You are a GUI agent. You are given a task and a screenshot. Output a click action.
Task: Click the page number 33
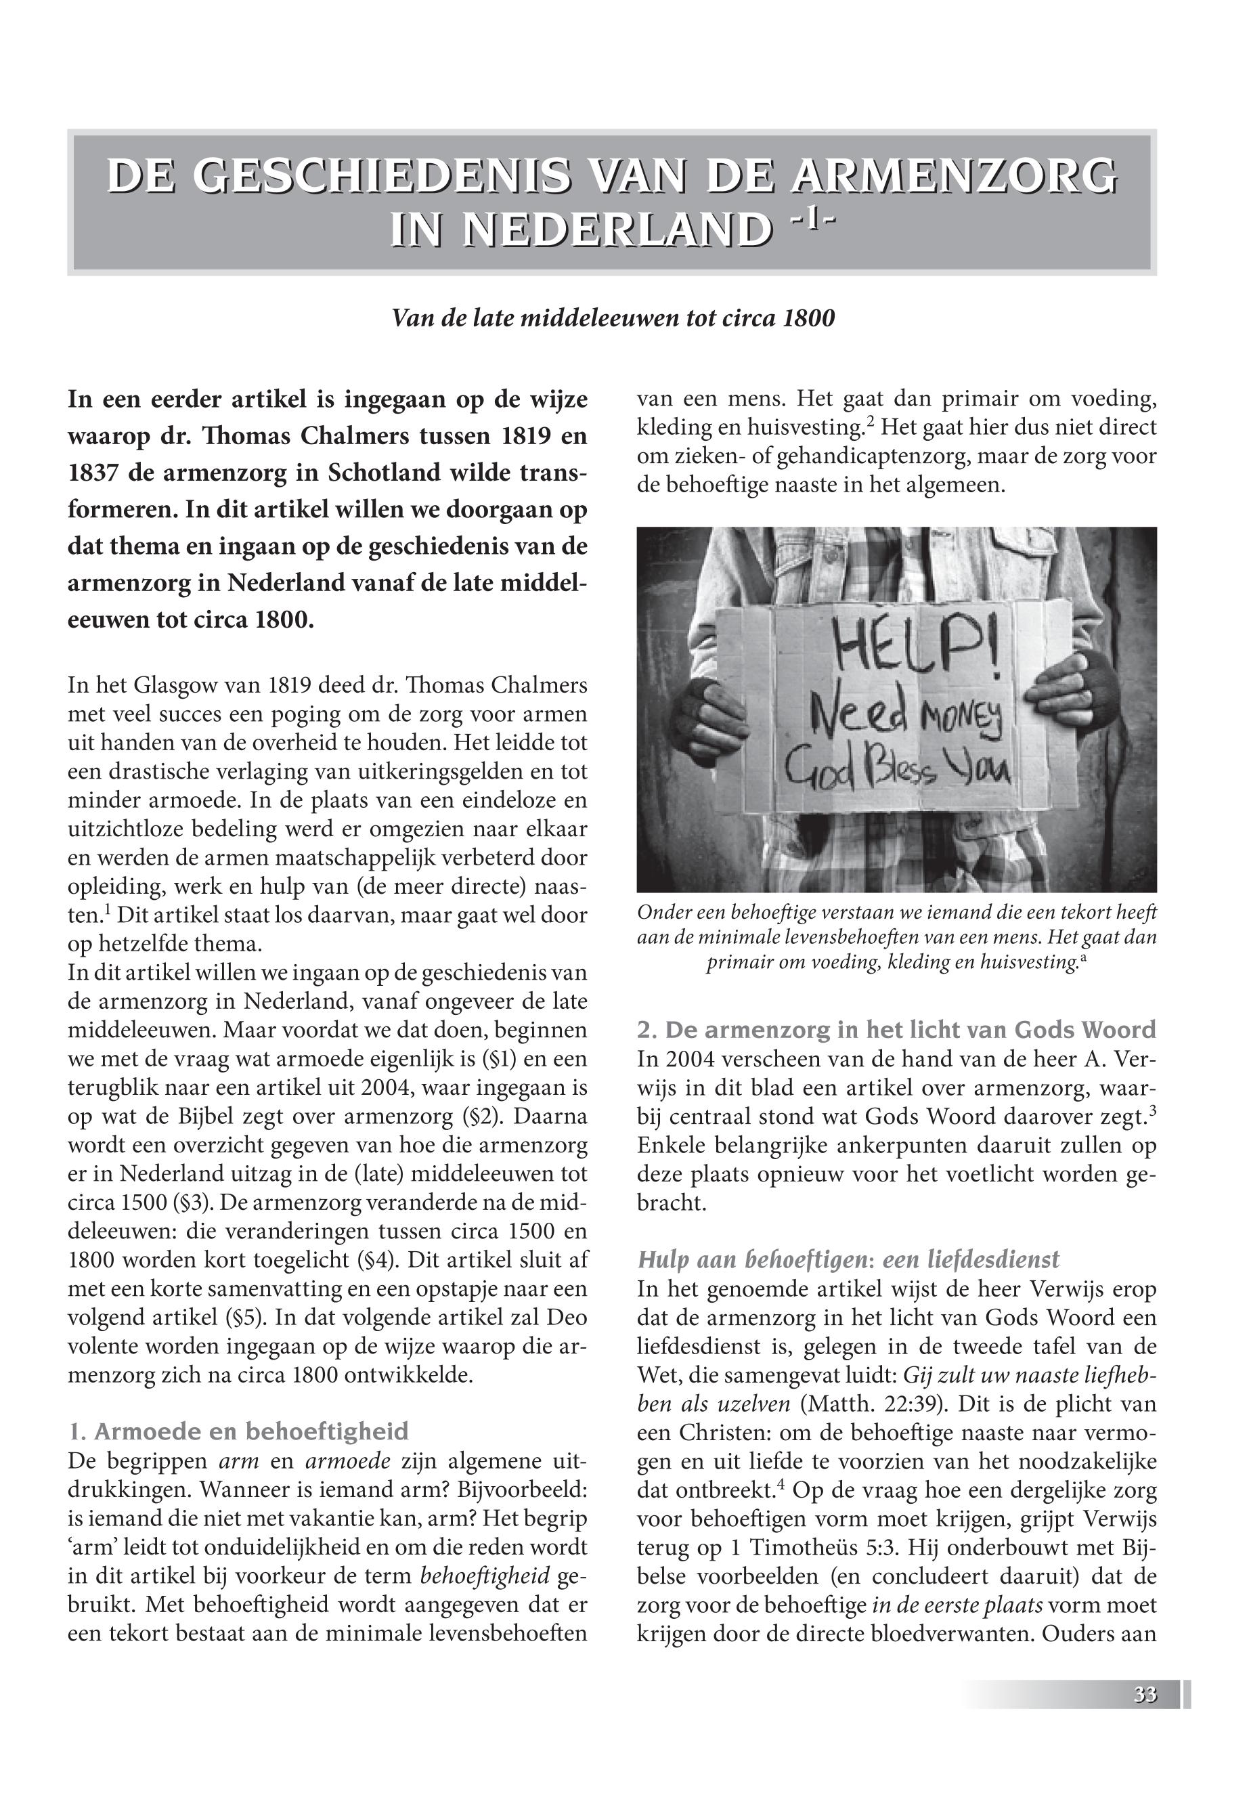(1145, 1695)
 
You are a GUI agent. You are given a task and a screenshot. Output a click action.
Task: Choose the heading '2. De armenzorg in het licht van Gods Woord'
(897, 1030)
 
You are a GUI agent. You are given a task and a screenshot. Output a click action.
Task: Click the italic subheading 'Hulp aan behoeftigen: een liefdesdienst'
(848, 1259)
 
